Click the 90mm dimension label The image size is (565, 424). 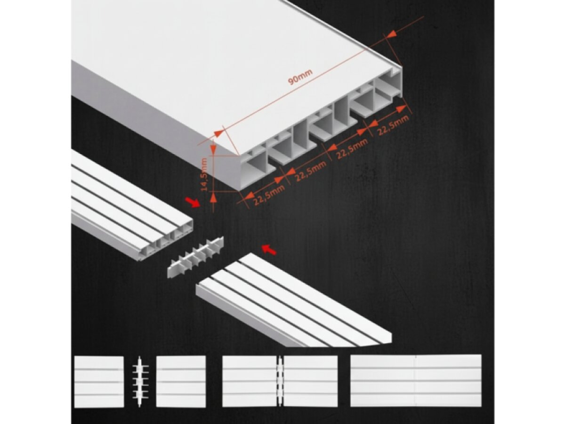[x=300, y=77]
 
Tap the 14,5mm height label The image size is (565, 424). [x=204, y=174]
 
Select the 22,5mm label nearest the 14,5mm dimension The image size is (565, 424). [x=269, y=195]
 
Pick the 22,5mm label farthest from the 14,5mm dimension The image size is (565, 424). [x=393, y=125]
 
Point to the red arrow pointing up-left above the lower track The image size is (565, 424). [x=269, y=250]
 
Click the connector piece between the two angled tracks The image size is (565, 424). [x=195, y=257]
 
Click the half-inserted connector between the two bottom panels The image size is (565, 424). [x=280, y=381]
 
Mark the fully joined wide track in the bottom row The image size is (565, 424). [x=416, y=381]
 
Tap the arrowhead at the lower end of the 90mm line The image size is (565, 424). [x=219, y=133]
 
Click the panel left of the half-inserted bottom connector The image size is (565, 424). [x=250, y=381]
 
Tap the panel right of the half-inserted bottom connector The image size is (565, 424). [x=310, y=381]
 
